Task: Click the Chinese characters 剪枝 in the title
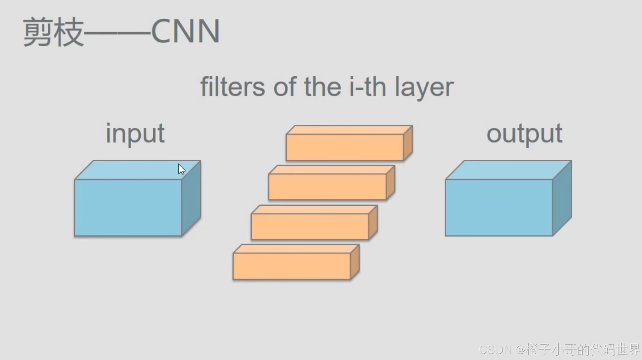pyautogui.click(x=53, y=31)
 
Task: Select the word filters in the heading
pyautogui.click(x=232, y=87)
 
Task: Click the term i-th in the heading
pyautogui.click(x=368, y=87)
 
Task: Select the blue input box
pyautogui.click(x=128, y=207)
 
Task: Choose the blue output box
pyautogui.click(x=499, y=207)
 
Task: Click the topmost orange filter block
pyautogui.click(x=345, y=147)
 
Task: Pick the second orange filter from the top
pyautogui.click(x=327, y=187)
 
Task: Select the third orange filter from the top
pyautogui.click(x=310, y=226)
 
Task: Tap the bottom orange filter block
pyautogui.click(x=292, y=266)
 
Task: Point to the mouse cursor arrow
pyautogui.click(x=181, y=169)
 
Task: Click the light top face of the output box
pyautogui.click(x=508, y=170)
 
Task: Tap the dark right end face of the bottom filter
pyautogui.click(x=355, y=262)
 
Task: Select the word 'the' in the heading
pyautogui.click(x=322, y=87)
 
